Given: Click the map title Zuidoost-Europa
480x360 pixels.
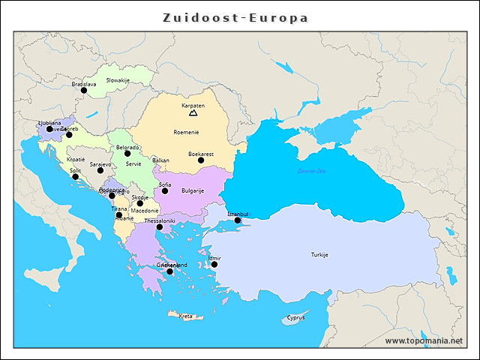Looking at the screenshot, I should coord(235,17).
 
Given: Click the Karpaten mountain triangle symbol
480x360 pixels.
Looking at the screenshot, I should coord(193,113).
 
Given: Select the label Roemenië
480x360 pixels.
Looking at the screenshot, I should coord(186,132).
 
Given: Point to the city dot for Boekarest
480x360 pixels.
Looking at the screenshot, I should coord(201,160).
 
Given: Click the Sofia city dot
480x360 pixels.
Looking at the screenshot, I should coord(165,190).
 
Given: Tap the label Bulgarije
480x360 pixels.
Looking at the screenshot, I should coord(193,190).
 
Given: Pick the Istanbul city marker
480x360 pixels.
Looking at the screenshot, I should coord(238,220).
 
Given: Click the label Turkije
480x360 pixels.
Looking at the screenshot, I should coord(319,255).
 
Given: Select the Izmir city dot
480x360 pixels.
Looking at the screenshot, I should coord(214,264).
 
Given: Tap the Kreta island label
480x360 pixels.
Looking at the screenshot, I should coord(185,316).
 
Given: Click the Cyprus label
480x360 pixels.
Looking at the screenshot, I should coord(295,317).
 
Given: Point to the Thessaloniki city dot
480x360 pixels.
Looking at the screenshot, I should coord(159,227).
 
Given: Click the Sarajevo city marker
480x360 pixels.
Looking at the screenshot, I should coord(100,170).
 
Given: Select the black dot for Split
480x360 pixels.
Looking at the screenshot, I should coord(75,177).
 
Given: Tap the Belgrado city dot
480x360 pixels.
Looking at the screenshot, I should coord(127,154).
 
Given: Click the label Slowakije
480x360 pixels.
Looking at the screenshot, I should coord(118,79).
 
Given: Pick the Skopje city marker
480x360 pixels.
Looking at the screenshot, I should coord(140,203).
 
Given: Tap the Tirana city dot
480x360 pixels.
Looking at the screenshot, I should coord(119,214).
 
